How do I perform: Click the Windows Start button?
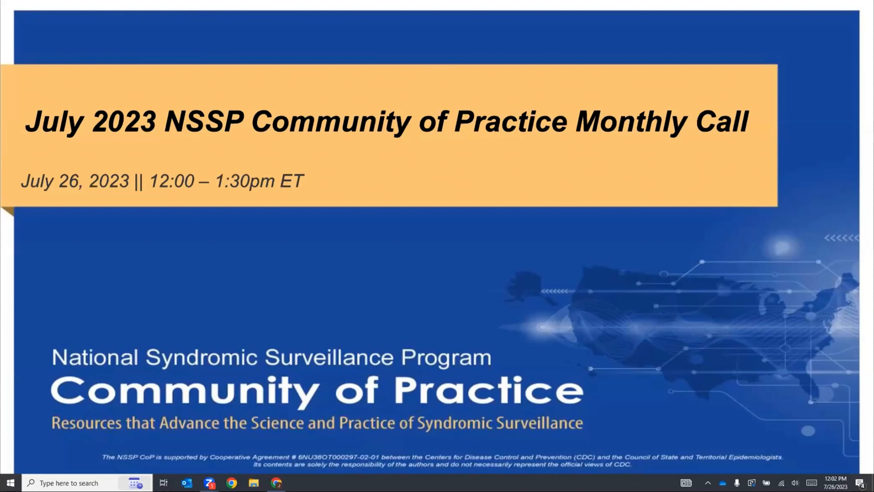tap(11, 483)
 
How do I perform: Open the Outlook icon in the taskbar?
tap(187, 483)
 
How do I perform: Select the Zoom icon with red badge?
tap(209, 483)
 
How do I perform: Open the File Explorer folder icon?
tap(254, 483)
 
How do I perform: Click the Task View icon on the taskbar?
tap(164, 483)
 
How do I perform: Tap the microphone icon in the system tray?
tap(737, 483)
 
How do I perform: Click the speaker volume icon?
tap(795, 483)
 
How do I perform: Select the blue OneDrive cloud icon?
tap(723, 483)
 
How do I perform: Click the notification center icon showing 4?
tap(860, 483)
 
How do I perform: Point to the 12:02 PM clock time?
tap(835, 479)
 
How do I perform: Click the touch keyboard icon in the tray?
tap(811, 483)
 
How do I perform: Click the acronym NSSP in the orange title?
tap(204, 121)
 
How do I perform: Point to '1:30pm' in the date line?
tap(245, 181)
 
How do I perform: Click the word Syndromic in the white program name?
tap(202, 358)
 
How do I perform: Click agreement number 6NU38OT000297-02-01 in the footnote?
tap(338, 457)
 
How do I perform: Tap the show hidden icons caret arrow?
tap(708, 483)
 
